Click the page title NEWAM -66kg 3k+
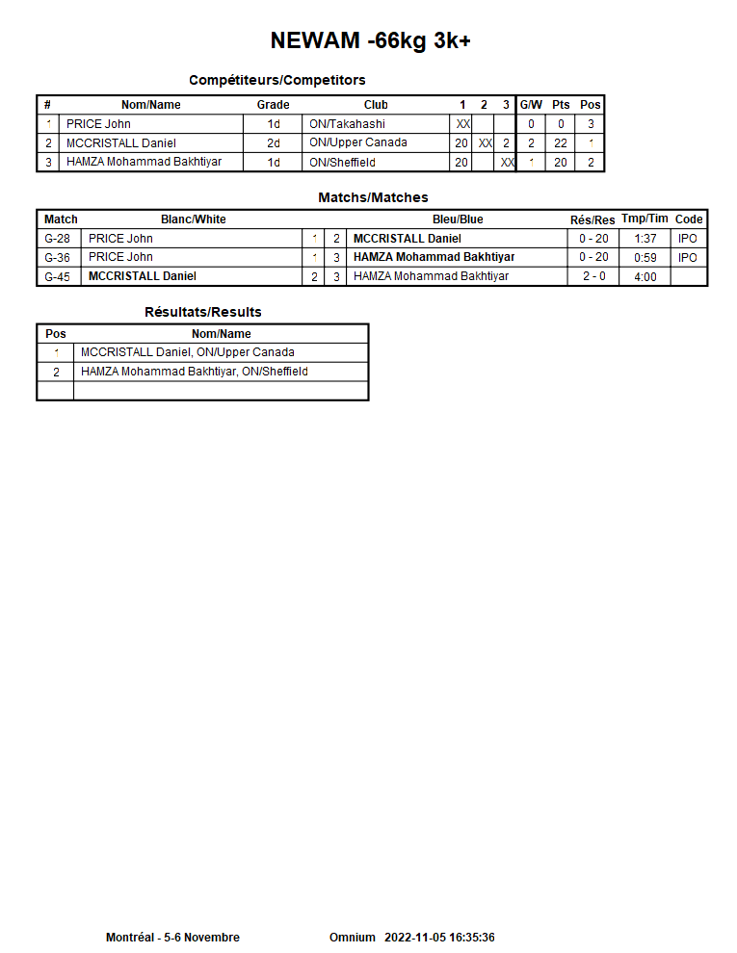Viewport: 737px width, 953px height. click(370, 40)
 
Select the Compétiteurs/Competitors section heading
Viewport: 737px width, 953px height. click(276, 80)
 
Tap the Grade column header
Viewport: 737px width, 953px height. click(273, 105)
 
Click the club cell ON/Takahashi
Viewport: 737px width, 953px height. click(347, 124)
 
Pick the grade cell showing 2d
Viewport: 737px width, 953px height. click(274, 143)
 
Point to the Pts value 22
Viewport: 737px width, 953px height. click(561, 143)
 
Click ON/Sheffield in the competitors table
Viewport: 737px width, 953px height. click(342, 163)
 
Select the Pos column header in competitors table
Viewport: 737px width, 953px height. click(590, 105)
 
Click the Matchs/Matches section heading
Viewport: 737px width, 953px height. click(373, 197)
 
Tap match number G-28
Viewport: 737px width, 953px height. click(58, 239)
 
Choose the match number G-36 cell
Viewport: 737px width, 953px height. click(58, 258)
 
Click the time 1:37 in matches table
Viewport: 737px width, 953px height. click(645, 239)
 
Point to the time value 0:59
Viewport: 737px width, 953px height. click(645, 258)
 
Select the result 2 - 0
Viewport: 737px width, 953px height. click(593, 277)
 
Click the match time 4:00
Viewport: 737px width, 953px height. click(645, 277)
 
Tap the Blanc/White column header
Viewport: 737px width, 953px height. click(194, 219)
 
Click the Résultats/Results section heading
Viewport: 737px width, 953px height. click(202, 312)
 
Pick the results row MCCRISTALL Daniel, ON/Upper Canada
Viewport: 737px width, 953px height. click(188, 352)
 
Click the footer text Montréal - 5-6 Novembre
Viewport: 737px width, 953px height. click(172, 938)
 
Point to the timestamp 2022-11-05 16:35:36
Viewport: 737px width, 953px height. click(439, 938)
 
